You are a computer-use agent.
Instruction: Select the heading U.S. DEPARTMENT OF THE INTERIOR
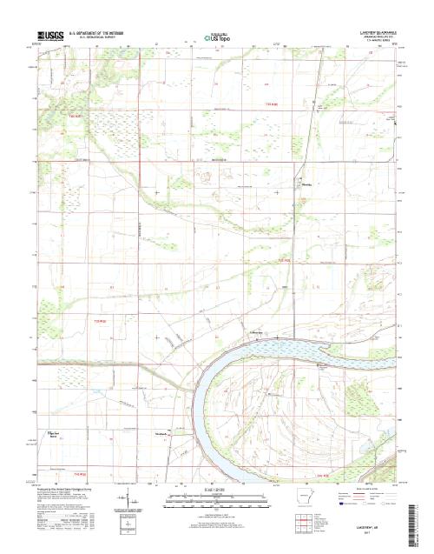click(x=103, y=31)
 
